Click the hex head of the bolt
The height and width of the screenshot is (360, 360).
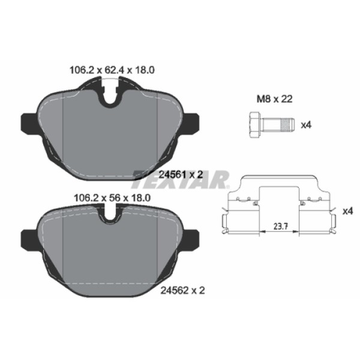tap(253, 125)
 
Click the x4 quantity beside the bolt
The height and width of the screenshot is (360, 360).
tap(306, 125)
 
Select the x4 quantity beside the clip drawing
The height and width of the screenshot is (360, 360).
tap(347, 211)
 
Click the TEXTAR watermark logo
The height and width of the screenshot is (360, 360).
tap(181, 178)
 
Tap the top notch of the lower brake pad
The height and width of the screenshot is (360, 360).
tap(110, 213)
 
